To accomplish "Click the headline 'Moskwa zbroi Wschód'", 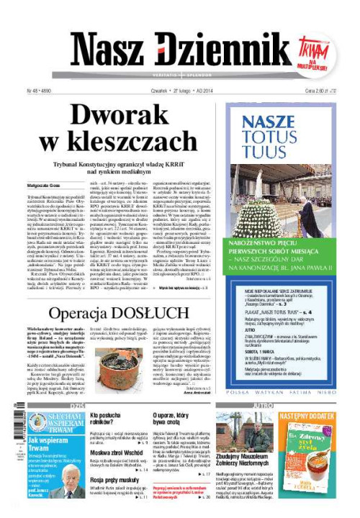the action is point(117,451).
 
